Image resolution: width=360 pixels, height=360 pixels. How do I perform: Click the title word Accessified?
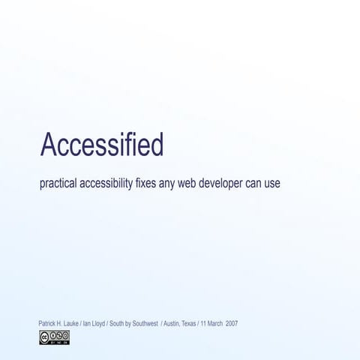point(102,145)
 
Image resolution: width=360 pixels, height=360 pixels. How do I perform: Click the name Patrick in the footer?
point(46,324)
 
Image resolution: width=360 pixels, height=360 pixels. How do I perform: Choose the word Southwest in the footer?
point(142,324)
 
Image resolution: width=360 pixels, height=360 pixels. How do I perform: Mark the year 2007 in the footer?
point(231,324)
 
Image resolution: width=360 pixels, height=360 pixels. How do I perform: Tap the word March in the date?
point(214,324)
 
